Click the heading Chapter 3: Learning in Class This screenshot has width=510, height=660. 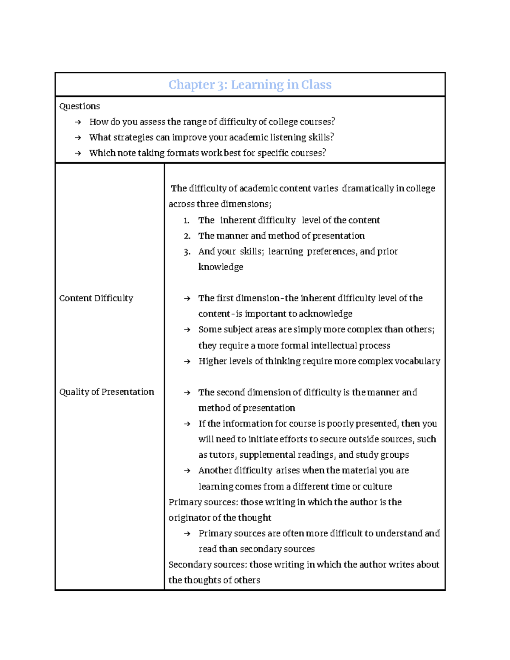pos(250,85)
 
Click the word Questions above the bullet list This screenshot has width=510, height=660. pos(79,106)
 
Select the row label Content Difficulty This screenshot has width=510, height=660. pos(96,298)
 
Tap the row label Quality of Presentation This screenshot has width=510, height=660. pos(106,392)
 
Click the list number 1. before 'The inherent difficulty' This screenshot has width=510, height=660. pos(186,221)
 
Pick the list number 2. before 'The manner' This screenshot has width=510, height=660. pos(187,236)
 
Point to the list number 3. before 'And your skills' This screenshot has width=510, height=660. pos(187,252)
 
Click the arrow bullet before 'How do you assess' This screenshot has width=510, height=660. pos(77,122)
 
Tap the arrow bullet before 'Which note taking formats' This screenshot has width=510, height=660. pos(77,153)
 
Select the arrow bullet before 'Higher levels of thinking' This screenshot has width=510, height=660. pos(187,362)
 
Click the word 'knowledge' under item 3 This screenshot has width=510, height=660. pos(221,267)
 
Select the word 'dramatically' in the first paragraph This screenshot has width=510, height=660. pos(368,188)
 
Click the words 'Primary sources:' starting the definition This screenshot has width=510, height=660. pos(203,502)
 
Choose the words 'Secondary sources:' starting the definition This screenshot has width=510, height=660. pos(207,564)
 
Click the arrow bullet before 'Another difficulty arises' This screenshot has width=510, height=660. pos(187,471)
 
